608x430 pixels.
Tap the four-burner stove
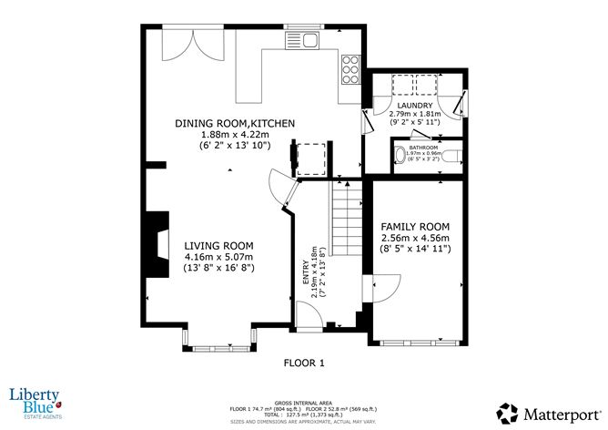click(350, 67)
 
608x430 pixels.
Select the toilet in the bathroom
click(402, 155)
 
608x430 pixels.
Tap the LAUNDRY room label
click(413, 106)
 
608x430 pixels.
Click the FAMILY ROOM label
click(415, 226)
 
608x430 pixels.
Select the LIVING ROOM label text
click(218, 246)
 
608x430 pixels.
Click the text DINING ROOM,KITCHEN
click(235, 123)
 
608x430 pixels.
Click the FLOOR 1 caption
click(303, 363)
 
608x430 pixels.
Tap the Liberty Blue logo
click(35, 398)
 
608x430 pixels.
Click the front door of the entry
click(309, 317)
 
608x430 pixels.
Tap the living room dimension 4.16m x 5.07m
click(218, 257)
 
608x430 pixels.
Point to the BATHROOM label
click(424, 146)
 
